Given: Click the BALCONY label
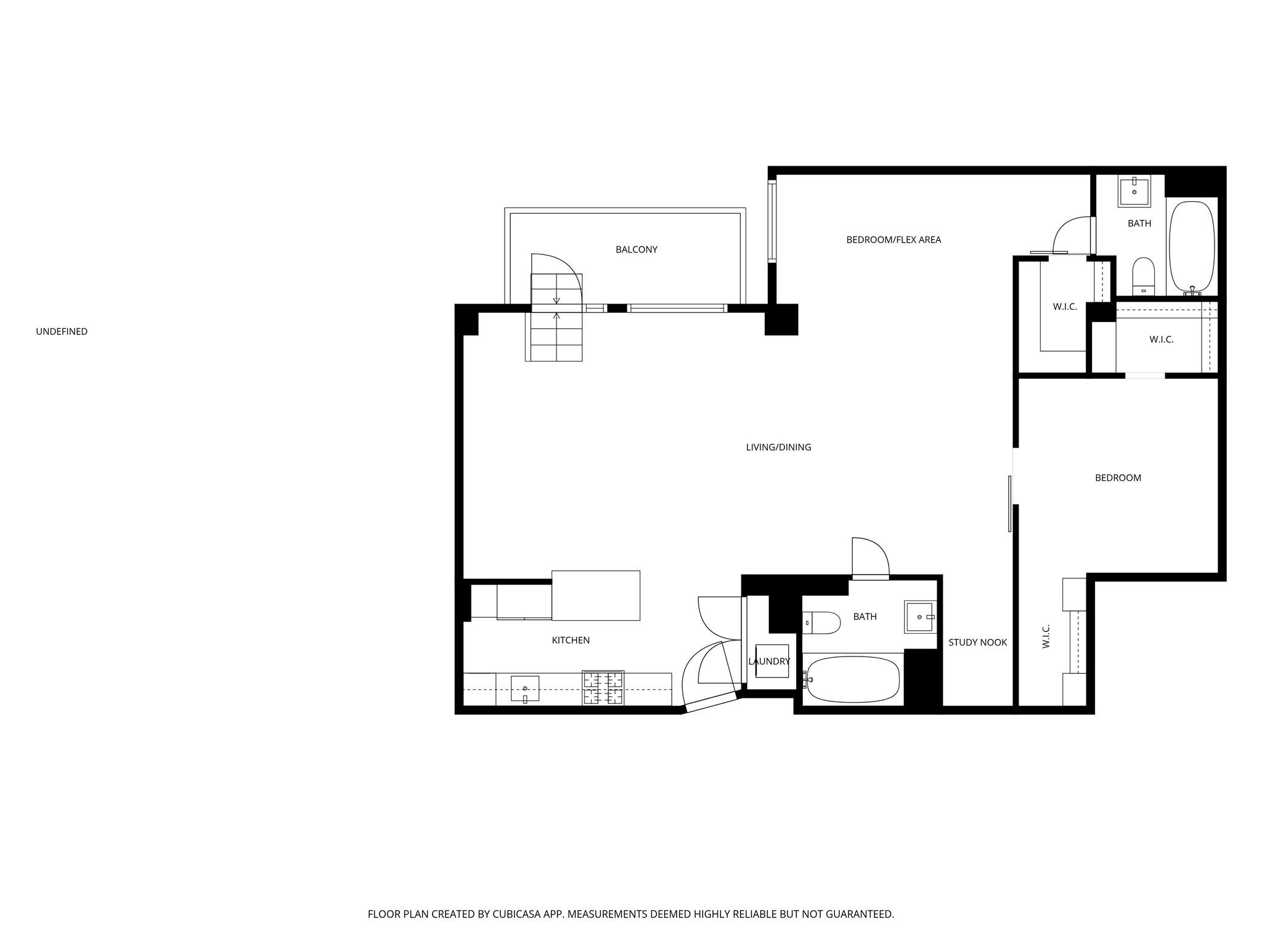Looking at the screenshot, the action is pos(636,249).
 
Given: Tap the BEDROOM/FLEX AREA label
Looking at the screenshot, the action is pos(894,240).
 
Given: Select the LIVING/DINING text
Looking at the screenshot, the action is pos(778,447).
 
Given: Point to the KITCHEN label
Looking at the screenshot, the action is pos(571,641).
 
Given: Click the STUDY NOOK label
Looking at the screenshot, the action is pos(977,642).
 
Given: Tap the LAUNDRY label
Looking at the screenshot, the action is pos(769,661).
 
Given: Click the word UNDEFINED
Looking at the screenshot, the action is pos(62,331).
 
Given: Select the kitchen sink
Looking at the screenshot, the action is pos(525,689).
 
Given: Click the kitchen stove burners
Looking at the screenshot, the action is pos(603,688).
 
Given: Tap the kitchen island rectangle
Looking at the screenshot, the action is pos(596,596).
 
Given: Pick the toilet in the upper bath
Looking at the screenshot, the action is pos(1143,277).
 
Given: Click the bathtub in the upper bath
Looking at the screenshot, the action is pos(1192,246).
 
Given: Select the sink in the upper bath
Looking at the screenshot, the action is pos(1134,191).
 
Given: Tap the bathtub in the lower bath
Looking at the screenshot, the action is pos(853,679).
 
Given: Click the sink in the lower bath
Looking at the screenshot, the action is pos(921,617).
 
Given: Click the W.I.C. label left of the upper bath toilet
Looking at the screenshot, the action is pos(1065,307).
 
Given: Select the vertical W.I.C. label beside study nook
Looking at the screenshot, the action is pos(1046,636).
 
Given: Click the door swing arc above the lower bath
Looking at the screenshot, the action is pos(881,546).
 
